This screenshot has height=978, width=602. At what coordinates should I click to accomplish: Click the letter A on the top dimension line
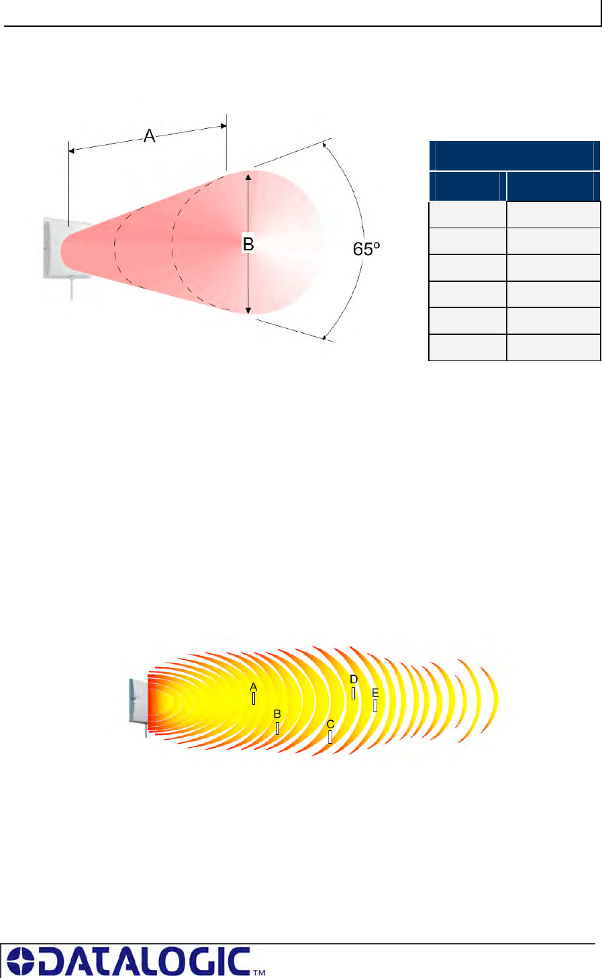click(149, 136)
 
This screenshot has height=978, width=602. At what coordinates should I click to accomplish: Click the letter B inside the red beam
click(248, 244)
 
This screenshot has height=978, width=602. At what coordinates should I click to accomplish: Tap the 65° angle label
click(366, 249)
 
